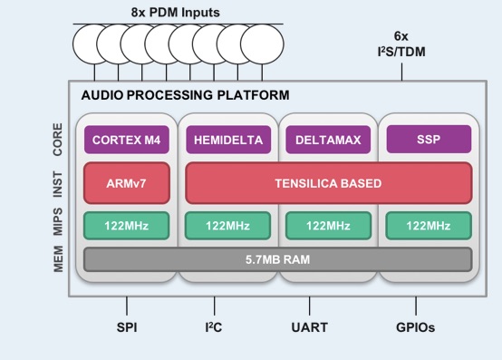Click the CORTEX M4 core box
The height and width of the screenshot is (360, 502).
click(127, 141)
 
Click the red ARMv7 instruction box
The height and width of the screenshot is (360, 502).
click(127, 183)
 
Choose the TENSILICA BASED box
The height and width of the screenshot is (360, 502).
click(328, 183)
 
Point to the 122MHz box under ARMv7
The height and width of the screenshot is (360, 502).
click(127, 225)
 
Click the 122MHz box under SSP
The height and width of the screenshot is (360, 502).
click(428, 225)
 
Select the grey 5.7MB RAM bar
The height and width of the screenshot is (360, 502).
click(277, 258)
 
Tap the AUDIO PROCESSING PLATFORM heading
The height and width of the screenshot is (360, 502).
click(185, 95)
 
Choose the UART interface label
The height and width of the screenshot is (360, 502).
click(310, 327)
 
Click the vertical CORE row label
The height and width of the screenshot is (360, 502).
click(57, 140)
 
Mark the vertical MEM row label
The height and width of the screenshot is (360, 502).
click(57, 258)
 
